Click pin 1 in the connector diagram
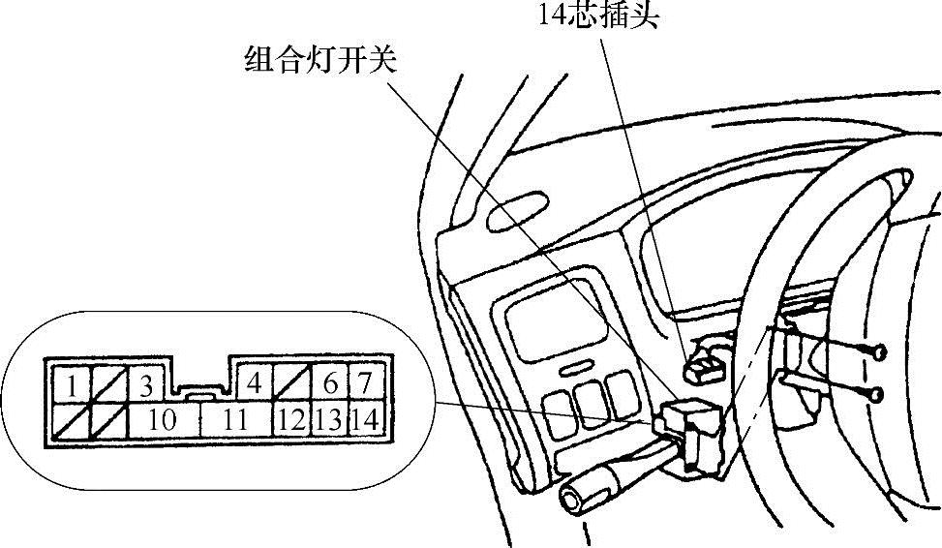coord(71,386)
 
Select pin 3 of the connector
coord(146,386)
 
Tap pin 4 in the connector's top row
coord(255,383)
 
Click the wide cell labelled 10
coord(164,419)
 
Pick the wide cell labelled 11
coord(235,419)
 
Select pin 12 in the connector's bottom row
coord(289,419)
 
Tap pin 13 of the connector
coord(329,419)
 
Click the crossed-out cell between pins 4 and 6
coord(291,384)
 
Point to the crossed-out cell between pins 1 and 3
coord(108,386)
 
